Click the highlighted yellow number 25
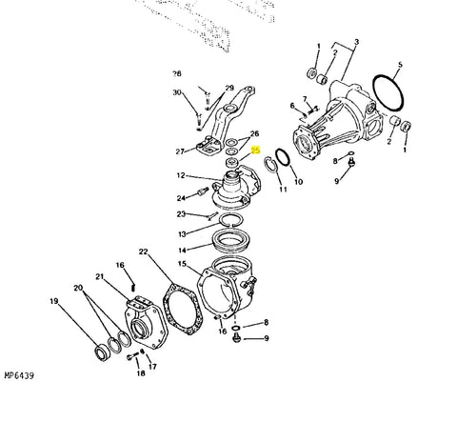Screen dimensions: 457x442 point(256,150)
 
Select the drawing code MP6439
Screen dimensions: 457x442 point(19,375)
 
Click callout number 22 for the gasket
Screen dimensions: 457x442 point(144,251)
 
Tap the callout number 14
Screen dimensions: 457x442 point(182,251)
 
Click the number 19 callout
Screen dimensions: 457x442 point(54,301)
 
